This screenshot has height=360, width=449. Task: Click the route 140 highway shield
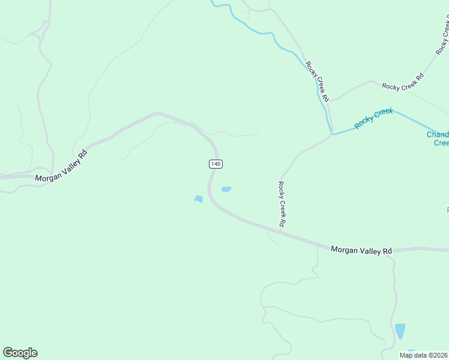(216, 164)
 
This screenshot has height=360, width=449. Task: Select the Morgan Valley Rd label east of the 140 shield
(361, 250)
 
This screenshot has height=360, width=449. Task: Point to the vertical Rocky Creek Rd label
(282, 204)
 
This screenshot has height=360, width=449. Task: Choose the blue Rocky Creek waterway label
(373, 118)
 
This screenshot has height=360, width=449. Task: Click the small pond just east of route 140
(226, 190)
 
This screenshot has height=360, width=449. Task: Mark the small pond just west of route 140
(198, 199)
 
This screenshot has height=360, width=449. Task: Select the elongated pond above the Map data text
(400, 331)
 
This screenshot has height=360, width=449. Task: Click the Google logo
(20, 353)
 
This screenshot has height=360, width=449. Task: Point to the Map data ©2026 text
(423, 355)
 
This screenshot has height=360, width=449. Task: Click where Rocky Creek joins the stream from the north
(331, 133)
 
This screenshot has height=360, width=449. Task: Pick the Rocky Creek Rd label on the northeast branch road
(403, 82)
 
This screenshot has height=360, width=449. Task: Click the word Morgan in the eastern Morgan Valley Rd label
(345, 249)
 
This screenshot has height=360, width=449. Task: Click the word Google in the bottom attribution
(20, 353)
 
